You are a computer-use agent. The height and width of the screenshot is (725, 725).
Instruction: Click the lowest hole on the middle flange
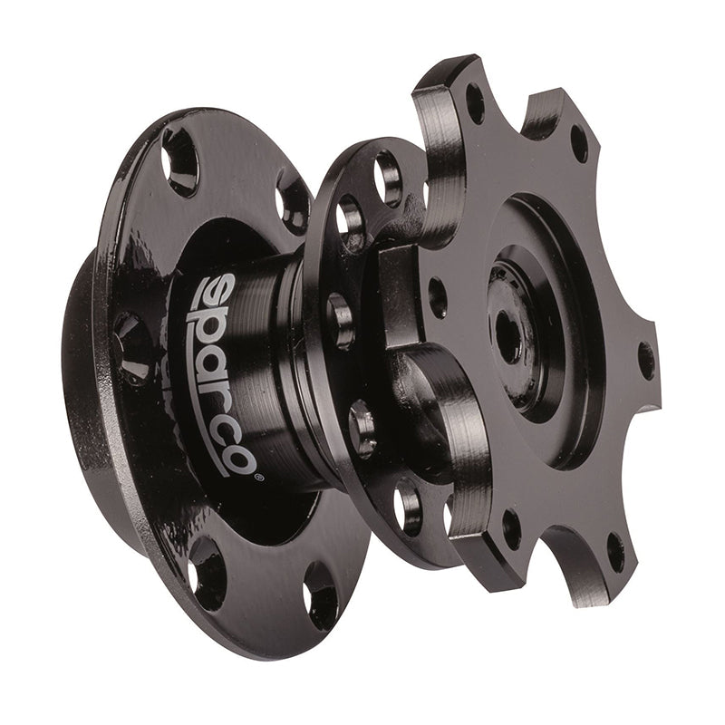tap(407, 507)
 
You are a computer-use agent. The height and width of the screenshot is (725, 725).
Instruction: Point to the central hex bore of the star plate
tap(507, 337)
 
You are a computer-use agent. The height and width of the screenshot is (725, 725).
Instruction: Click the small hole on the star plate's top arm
tap(475, 102)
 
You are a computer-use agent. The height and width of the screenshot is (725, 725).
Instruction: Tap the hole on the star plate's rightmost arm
tap(646, 361)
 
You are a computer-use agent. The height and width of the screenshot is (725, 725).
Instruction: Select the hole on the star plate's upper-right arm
tap(577, 143)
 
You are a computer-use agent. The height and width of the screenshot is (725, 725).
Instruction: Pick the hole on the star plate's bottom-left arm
tap(513, 529)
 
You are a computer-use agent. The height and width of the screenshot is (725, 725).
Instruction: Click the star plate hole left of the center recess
tap(437, 297)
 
